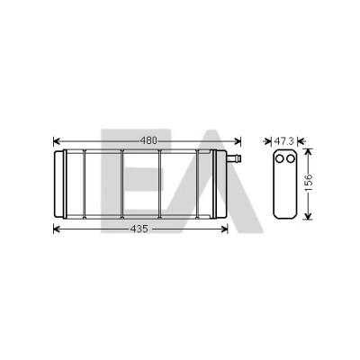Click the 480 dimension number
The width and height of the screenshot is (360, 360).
pyautogui.click(x=148, y=140)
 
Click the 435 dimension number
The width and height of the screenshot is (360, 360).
pyautogui.click(x=139, y=229)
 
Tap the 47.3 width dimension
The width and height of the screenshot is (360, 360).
pyautogui.click(x=284, y=140)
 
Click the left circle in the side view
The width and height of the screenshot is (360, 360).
pyautogui.click(x=279, y=158)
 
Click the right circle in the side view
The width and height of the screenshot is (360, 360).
pyautogui.click(x=290, y=158)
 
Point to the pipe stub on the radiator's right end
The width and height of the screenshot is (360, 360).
pyautogui.click(x=234, y=158)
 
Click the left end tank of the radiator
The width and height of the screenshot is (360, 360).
pyautogui.click(x=59, y=184)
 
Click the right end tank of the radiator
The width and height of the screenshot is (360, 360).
pyautogui.click(x=221, y=184)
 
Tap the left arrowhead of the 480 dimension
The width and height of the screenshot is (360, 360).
pyautogui.click(x=57, y=140)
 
